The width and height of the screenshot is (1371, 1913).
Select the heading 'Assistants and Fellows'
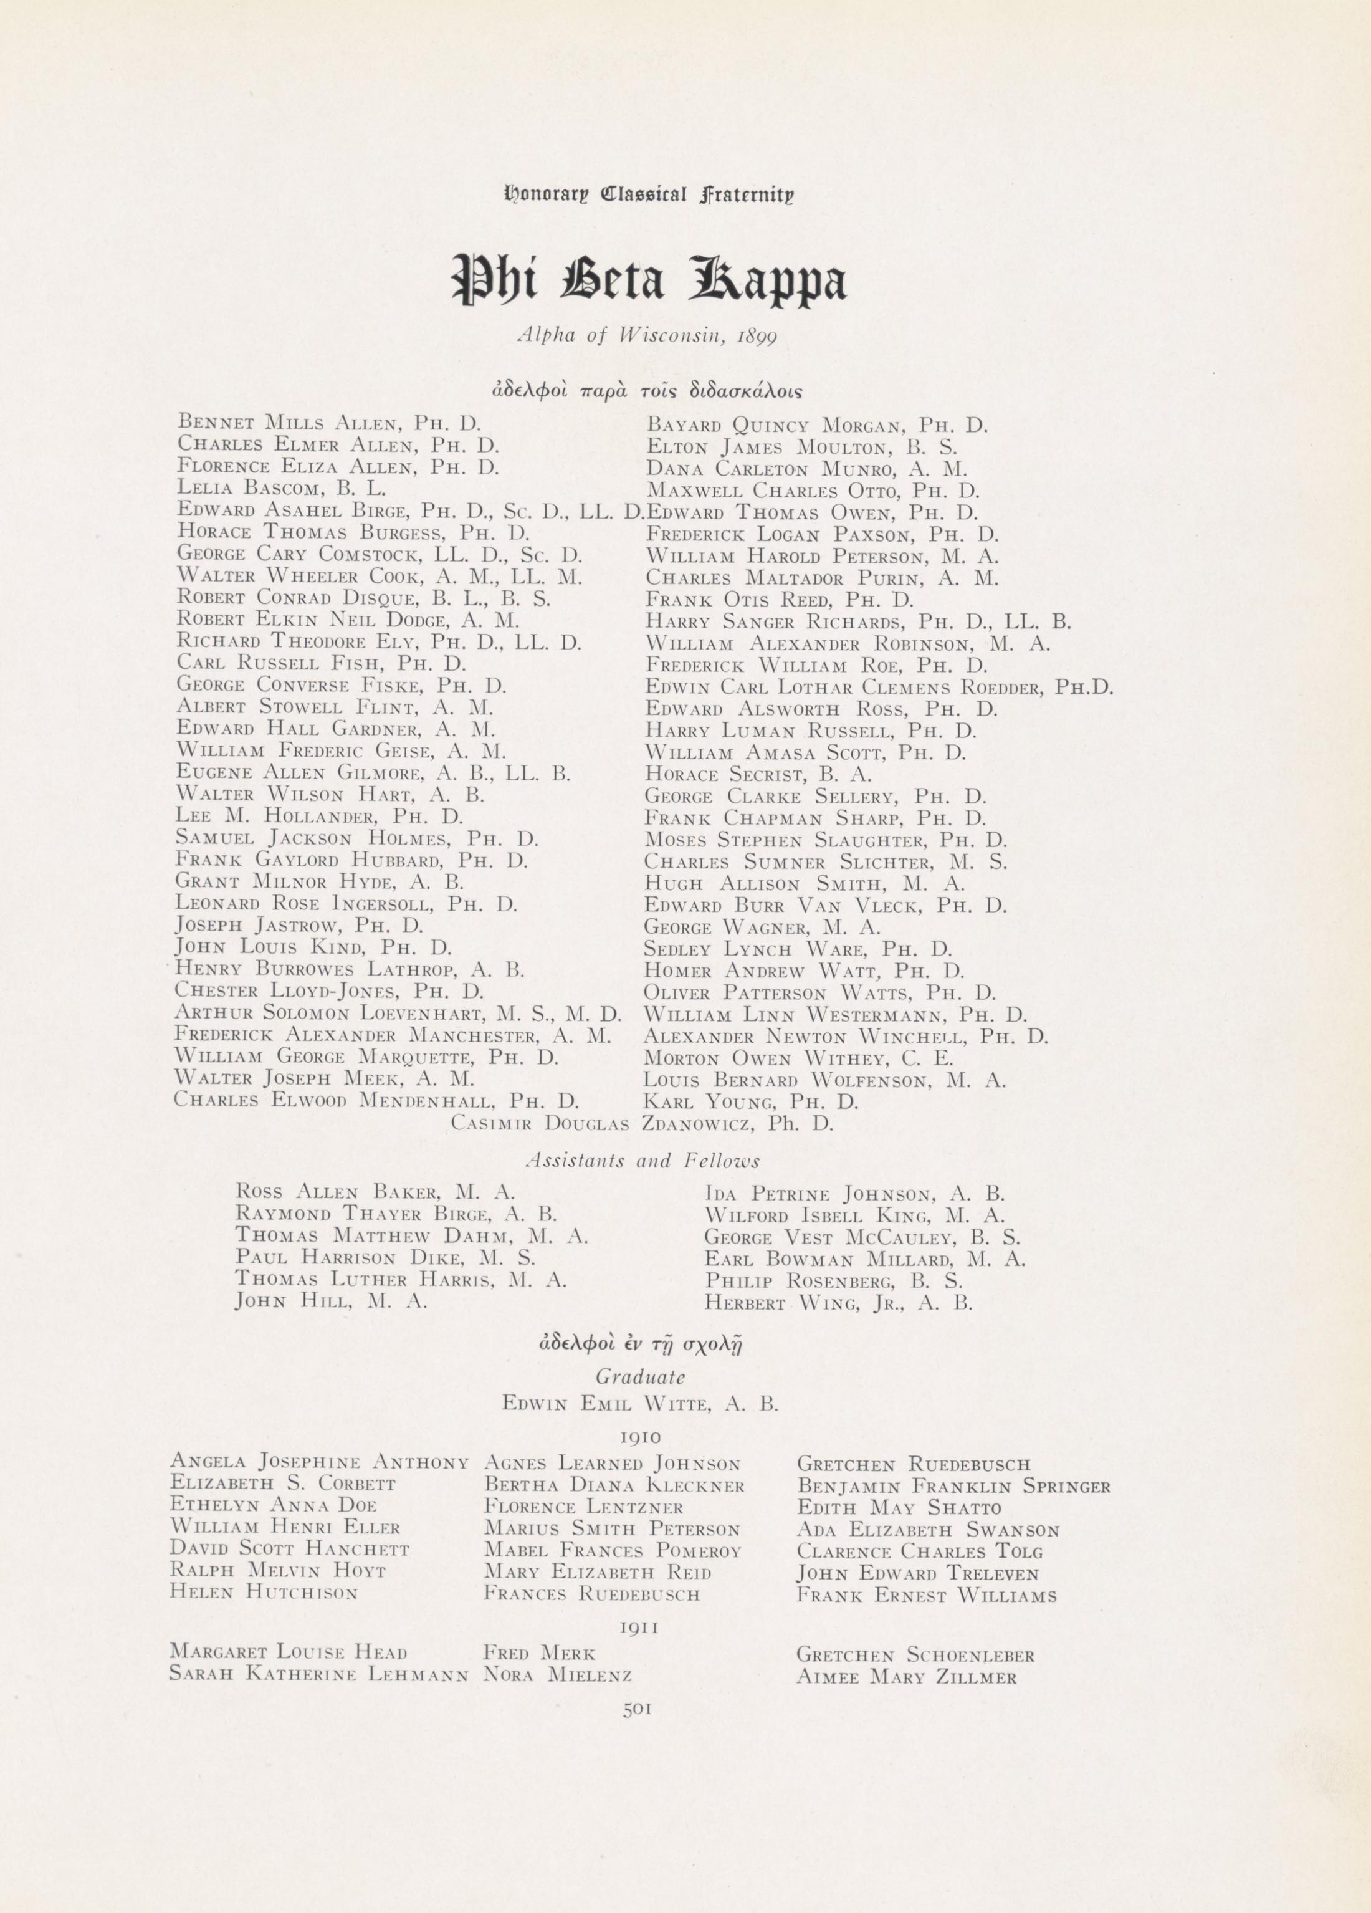click(643, 1161)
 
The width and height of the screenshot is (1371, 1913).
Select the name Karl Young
click(750, 1101)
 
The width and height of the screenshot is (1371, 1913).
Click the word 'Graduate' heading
click(640, 1376)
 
